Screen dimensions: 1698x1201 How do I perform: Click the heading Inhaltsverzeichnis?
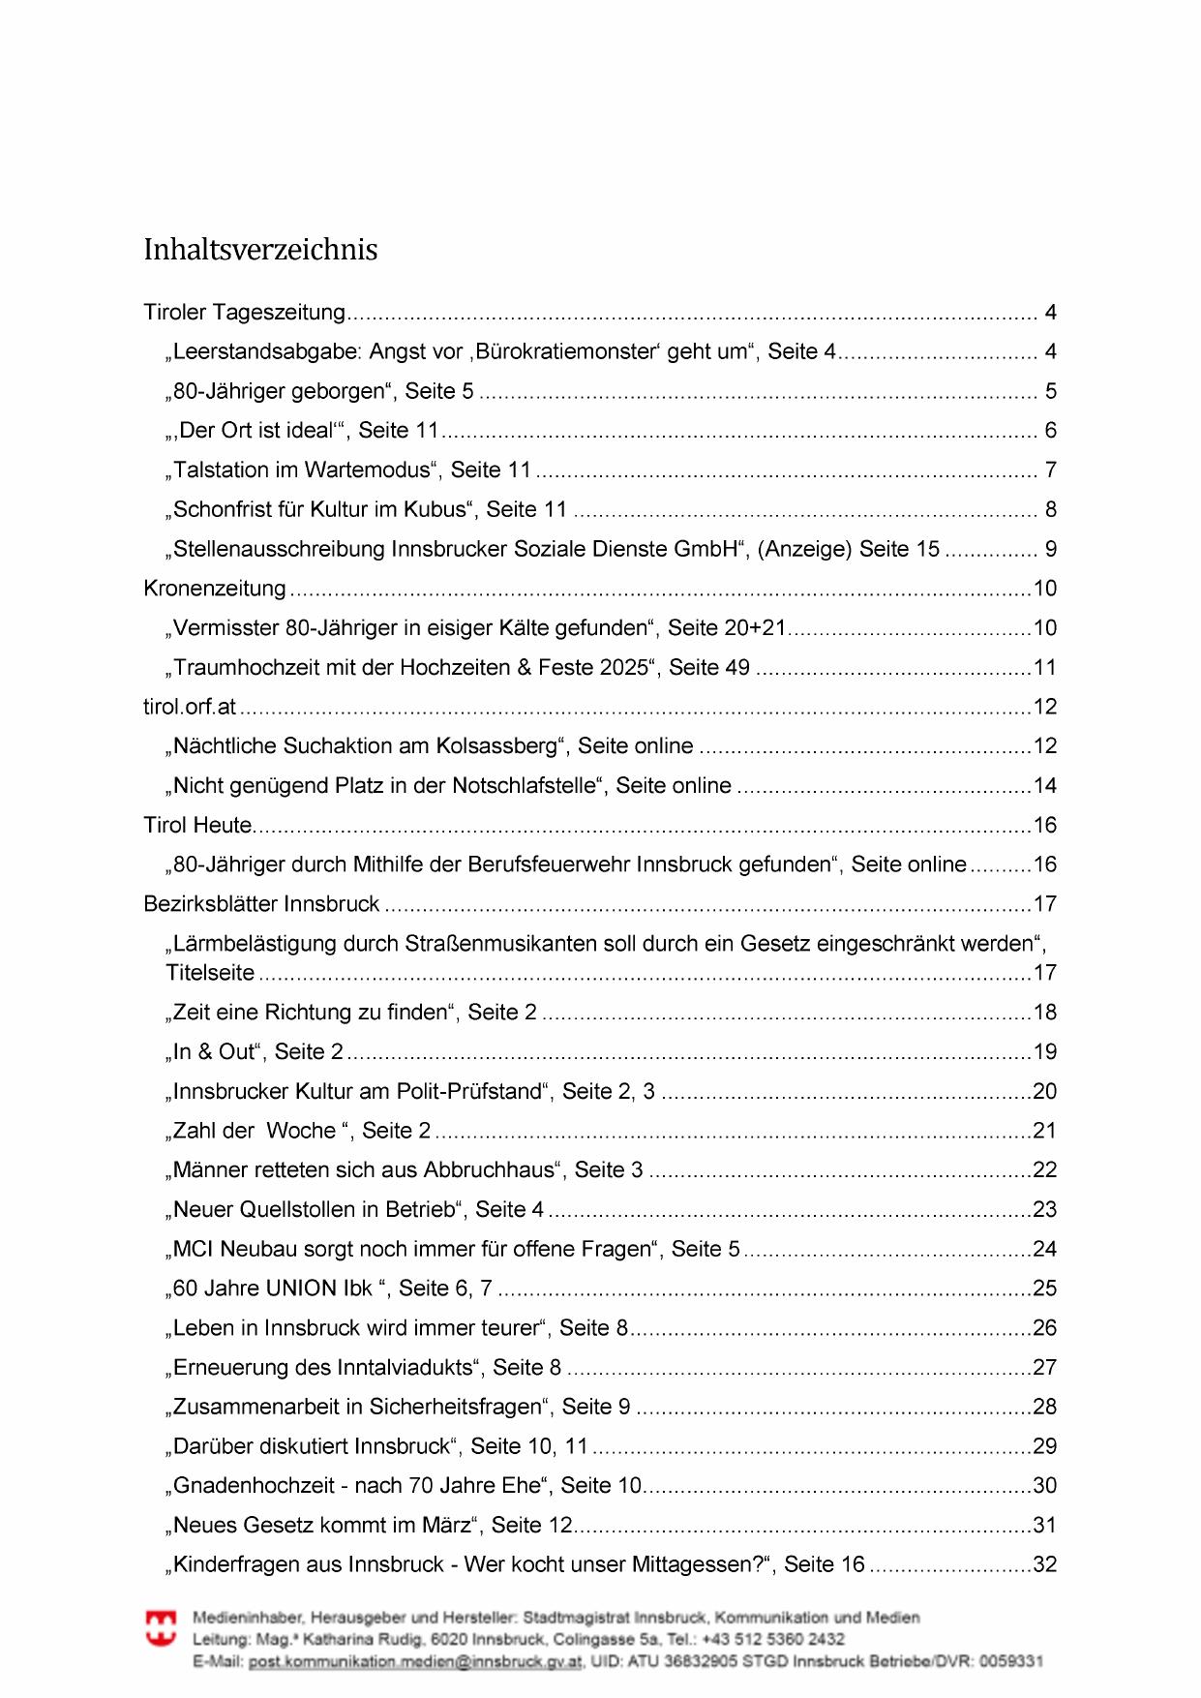tap(260, 250)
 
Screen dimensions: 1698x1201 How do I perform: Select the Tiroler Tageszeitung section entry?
tap(244, 312)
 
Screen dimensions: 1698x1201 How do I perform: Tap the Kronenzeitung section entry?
tap(215, 589)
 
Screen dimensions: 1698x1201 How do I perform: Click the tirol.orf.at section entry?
tap(190, 707)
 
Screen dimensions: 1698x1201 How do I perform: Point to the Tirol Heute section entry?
tap(197, 825)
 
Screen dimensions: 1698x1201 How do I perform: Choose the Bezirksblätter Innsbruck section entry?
tap(261, 904)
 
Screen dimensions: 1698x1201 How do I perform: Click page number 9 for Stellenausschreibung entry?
tap(1050, 549)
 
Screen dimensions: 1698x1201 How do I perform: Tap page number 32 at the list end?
tap(1044, 1564)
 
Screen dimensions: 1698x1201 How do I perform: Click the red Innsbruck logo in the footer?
tap(161, 1628)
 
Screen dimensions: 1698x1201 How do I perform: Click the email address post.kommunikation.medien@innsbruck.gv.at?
tap(415, 1661)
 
